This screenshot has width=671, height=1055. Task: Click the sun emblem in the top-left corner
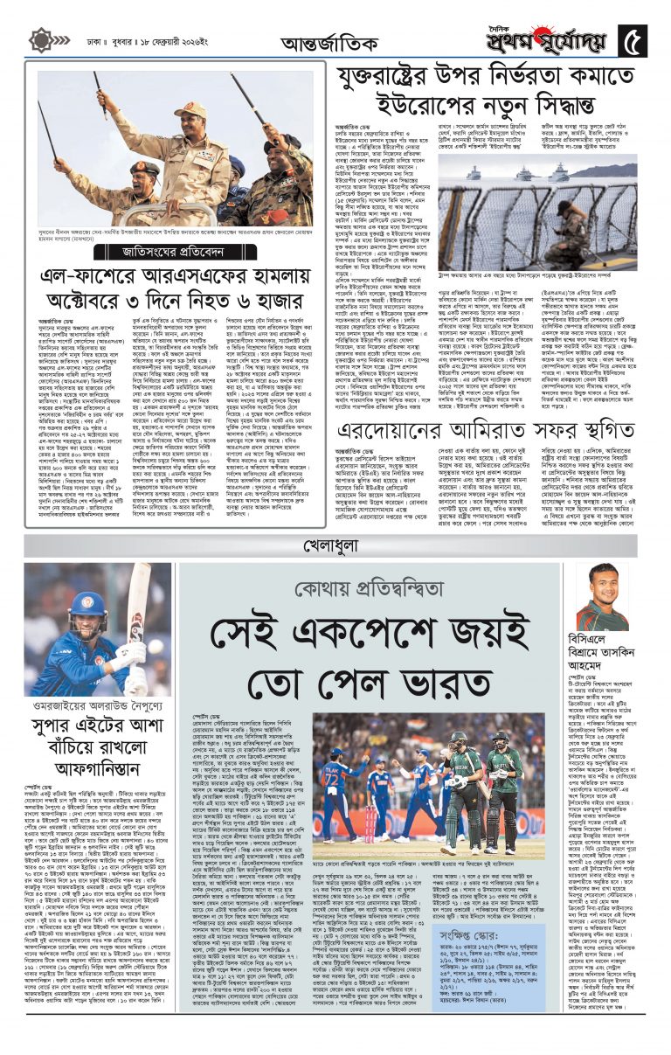[39, 40]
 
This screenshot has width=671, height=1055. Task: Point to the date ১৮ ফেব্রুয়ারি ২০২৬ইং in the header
[163, 40]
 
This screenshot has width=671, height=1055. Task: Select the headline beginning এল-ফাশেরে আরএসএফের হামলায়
[175, 292]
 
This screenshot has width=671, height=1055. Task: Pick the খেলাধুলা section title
[335, 547]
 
